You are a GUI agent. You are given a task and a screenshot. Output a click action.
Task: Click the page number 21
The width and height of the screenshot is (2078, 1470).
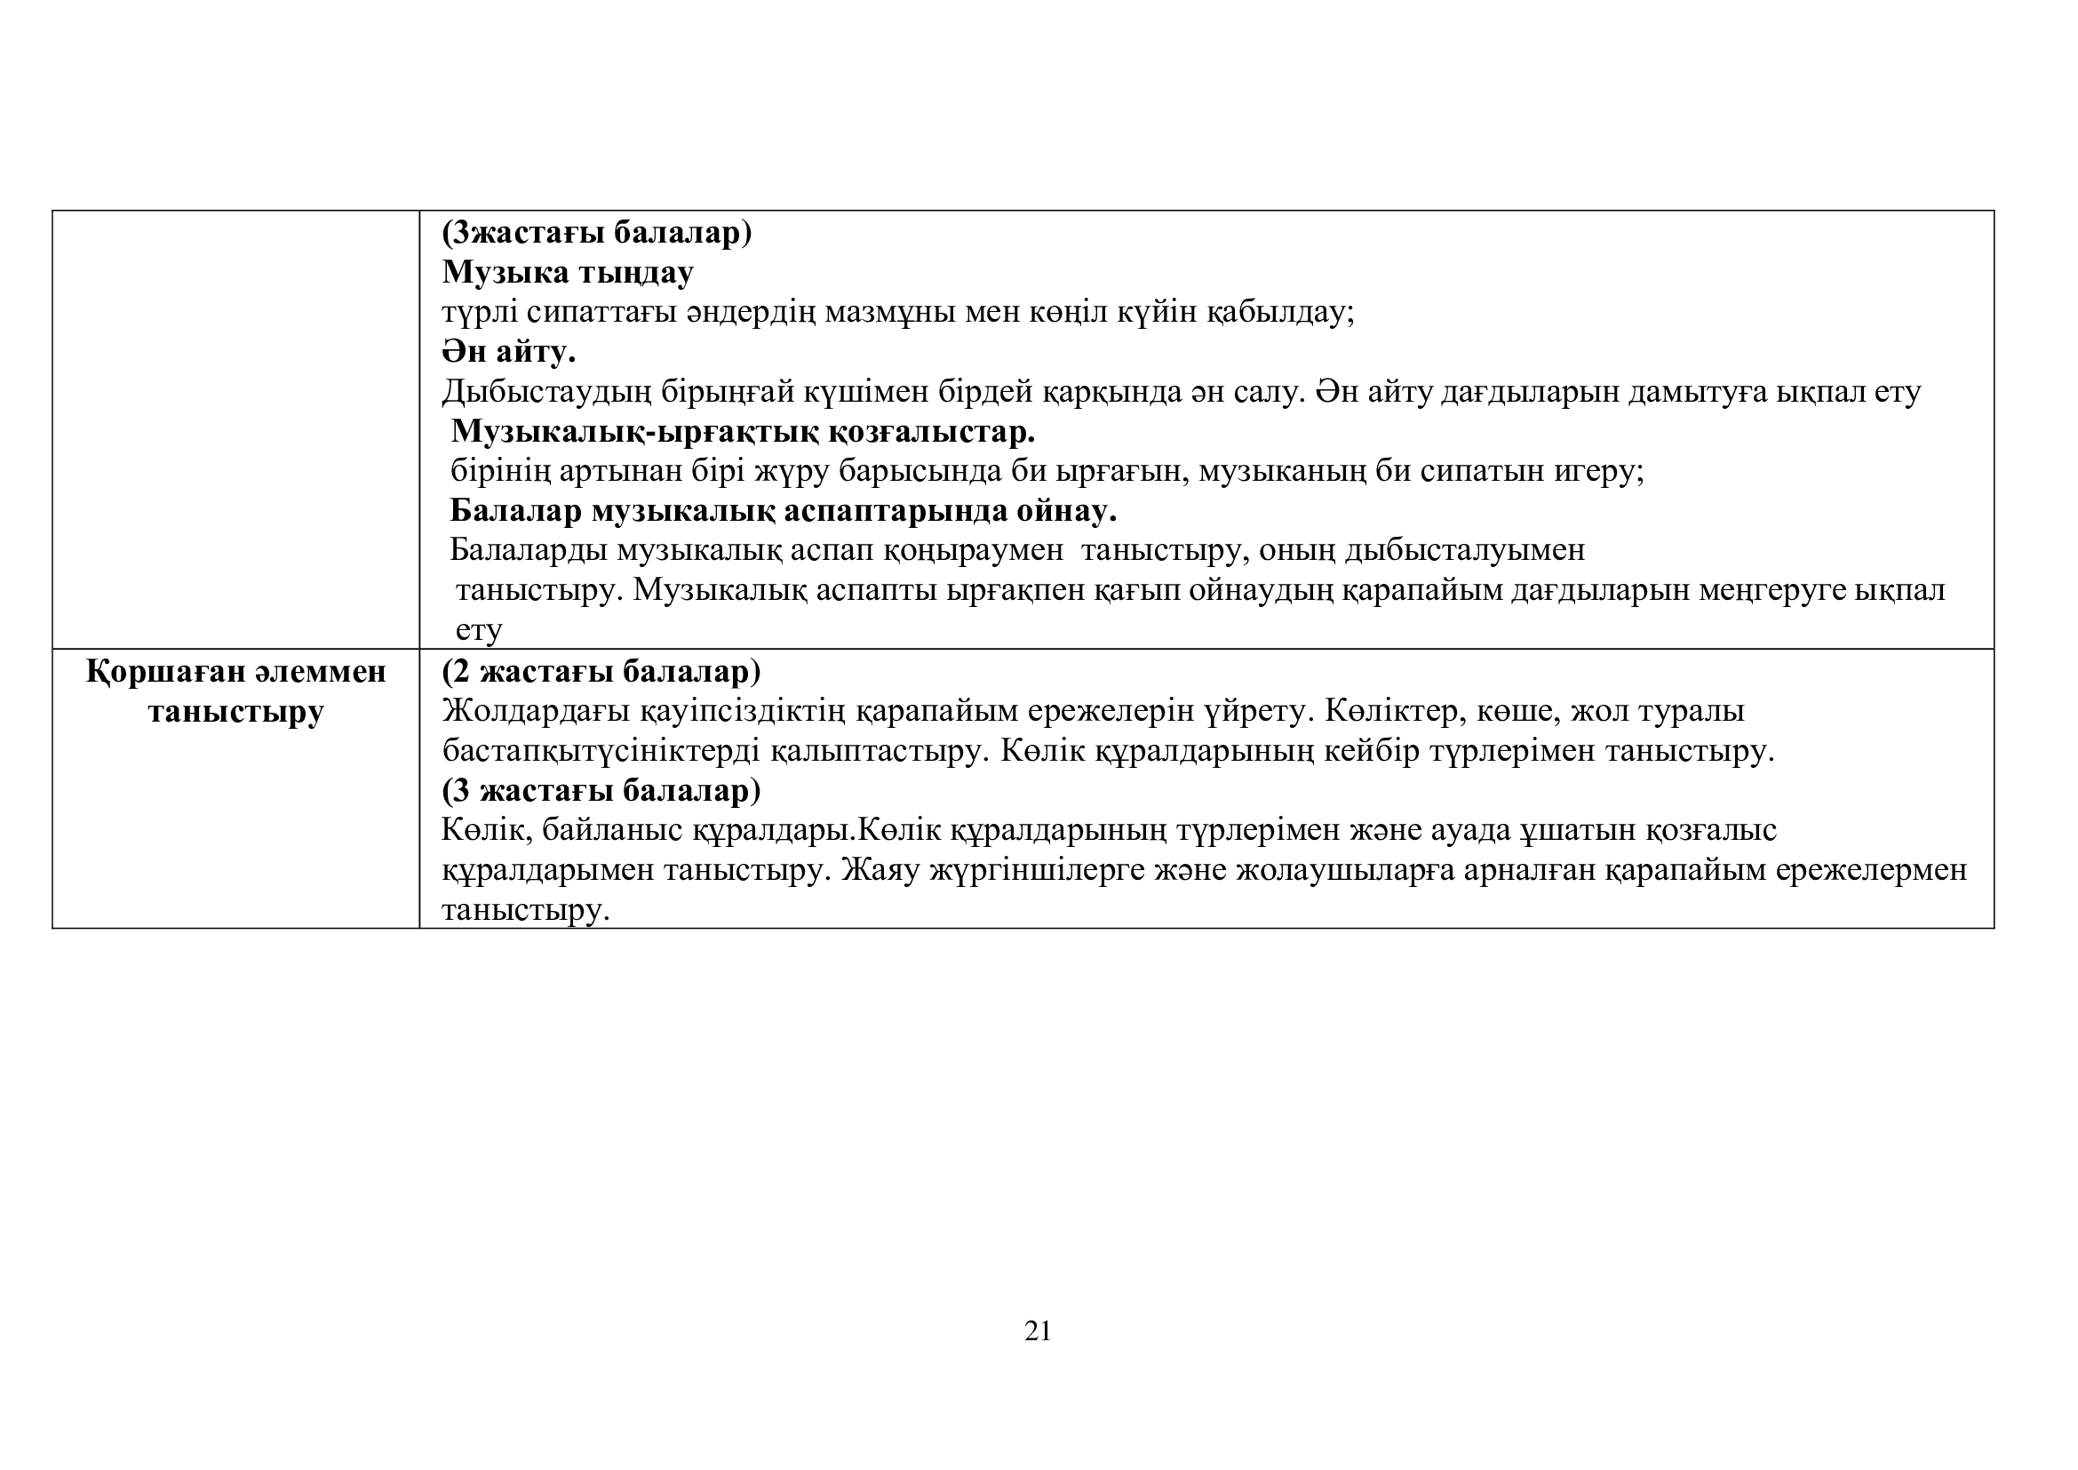1038,1330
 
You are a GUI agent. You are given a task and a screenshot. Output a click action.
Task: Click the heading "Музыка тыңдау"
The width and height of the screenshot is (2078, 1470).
568,272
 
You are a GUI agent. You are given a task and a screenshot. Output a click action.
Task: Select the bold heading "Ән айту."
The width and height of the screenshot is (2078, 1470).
509,351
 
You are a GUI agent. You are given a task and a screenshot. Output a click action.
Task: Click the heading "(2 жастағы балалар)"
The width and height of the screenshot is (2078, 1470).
601,672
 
